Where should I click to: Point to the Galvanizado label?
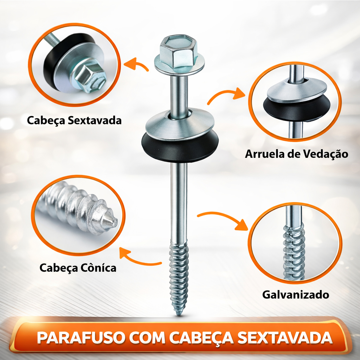(296, 295)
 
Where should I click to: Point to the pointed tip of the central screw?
(179, 315)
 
